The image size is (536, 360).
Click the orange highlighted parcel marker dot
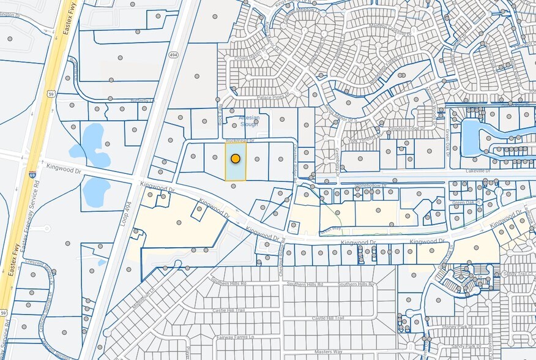pyautogui.click(x=235, y=159)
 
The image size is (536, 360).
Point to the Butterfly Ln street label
pyautogui.click(x=142, y=100)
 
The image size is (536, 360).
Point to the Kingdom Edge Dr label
pyautogui.click(x=406, y=129)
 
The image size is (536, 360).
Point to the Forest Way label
pyautogui.click(x=330, y=230)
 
